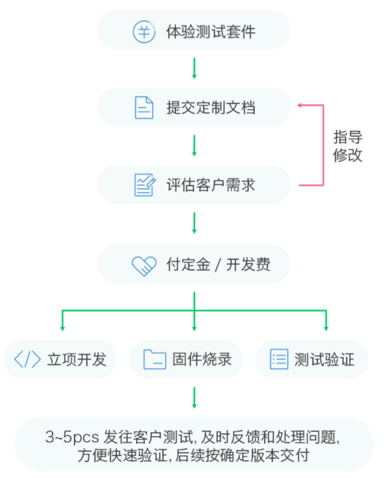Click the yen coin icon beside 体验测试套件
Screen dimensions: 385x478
tap(144, 31)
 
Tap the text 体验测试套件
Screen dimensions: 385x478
tap(211, 31)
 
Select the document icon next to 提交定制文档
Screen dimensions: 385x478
tap(144, 107)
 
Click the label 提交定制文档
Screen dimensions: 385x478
tap(211, 108)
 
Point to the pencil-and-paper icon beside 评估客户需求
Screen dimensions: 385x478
tap(144, 185)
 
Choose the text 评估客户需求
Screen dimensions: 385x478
tap(211, 185)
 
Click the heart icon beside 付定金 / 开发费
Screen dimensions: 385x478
tap(144, 266)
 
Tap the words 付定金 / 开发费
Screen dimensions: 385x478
tap(218, 265)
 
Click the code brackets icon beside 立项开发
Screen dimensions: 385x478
tap(27, 359)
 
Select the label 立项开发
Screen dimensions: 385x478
tap(76, 359)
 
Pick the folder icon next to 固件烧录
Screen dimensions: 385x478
tap(155, 359)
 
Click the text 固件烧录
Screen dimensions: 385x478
tap(202, 359)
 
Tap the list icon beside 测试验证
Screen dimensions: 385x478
tap(279, 359)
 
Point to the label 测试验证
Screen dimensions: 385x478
tap(325, 359)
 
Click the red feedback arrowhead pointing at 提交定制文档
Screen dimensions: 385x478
tap(299, 106)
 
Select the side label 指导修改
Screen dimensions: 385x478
tap(348, 146)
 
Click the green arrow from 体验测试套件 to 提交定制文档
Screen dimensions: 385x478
tap(194, 68)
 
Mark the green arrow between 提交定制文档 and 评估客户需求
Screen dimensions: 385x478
tap(194, 146)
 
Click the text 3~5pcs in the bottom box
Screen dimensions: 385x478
tap(72, 437)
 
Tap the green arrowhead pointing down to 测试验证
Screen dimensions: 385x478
tap(326, 328)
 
